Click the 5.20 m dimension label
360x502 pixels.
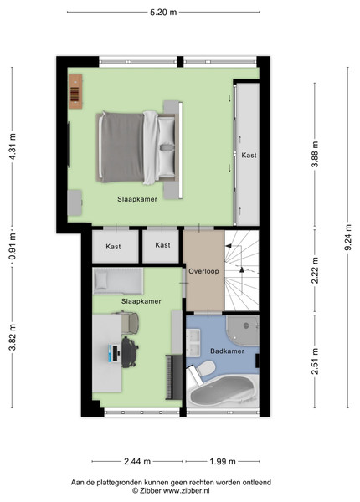pos(163,13)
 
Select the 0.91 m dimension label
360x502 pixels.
pos(13,246)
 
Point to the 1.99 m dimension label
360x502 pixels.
pos(223,461)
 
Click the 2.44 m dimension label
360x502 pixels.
pos(137,461)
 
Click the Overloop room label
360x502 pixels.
pos(203,271)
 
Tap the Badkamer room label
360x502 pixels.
pos(227,351)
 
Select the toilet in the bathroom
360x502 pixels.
pos(202,371)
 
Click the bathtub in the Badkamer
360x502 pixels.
pos(224,392)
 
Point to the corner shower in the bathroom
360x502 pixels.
pos(243,330)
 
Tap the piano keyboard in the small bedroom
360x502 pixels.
pos(173,377)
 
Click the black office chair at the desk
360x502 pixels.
pos(130,352)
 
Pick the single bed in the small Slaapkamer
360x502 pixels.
pos(118,281)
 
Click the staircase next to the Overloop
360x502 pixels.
pos(241,270)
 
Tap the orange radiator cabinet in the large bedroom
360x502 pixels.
pos(75,91)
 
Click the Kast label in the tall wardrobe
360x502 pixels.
pos(249,156)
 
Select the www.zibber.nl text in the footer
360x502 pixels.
pos(187,490)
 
